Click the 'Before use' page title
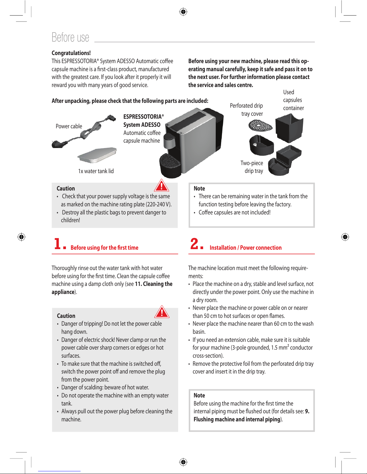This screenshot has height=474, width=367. click(70, 37)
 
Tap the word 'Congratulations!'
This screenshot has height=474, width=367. click(71, 53)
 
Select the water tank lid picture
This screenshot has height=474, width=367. click(97, 155)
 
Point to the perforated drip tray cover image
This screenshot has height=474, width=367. click(260, 125)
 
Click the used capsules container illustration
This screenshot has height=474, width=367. click(289, 129)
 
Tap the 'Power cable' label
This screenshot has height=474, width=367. click(69, 126)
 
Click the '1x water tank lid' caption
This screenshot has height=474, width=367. click(96, 171)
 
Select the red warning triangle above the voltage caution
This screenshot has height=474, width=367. click(161, 185)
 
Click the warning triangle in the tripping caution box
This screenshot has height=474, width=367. click(162, 312)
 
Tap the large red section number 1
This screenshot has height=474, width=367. click(58, 243)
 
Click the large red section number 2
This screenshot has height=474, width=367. click(194, 243)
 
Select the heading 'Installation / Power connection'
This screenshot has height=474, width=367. click(246, 248)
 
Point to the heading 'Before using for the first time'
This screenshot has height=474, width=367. click(105, 248)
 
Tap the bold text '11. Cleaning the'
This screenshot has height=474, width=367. click(154, 284)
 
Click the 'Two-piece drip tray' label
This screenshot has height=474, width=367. click(252, 167)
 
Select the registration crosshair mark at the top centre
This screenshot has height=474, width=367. click(183, 12)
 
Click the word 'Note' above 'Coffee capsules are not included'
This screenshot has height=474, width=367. click(199, 188)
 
